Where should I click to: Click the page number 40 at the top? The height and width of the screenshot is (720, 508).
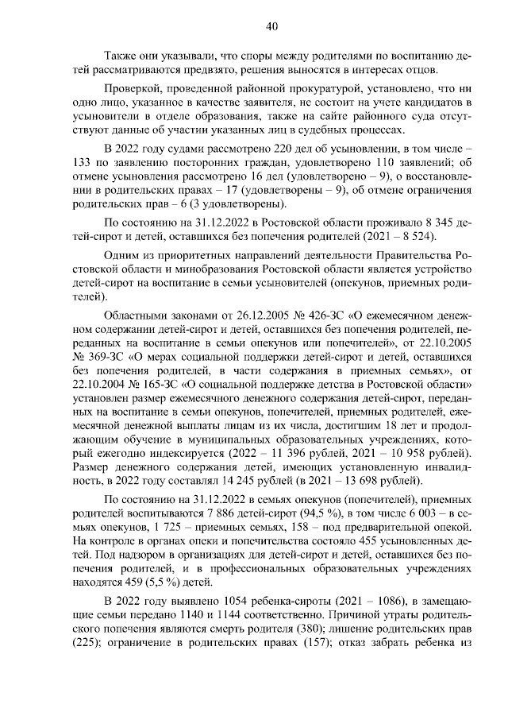271,27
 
